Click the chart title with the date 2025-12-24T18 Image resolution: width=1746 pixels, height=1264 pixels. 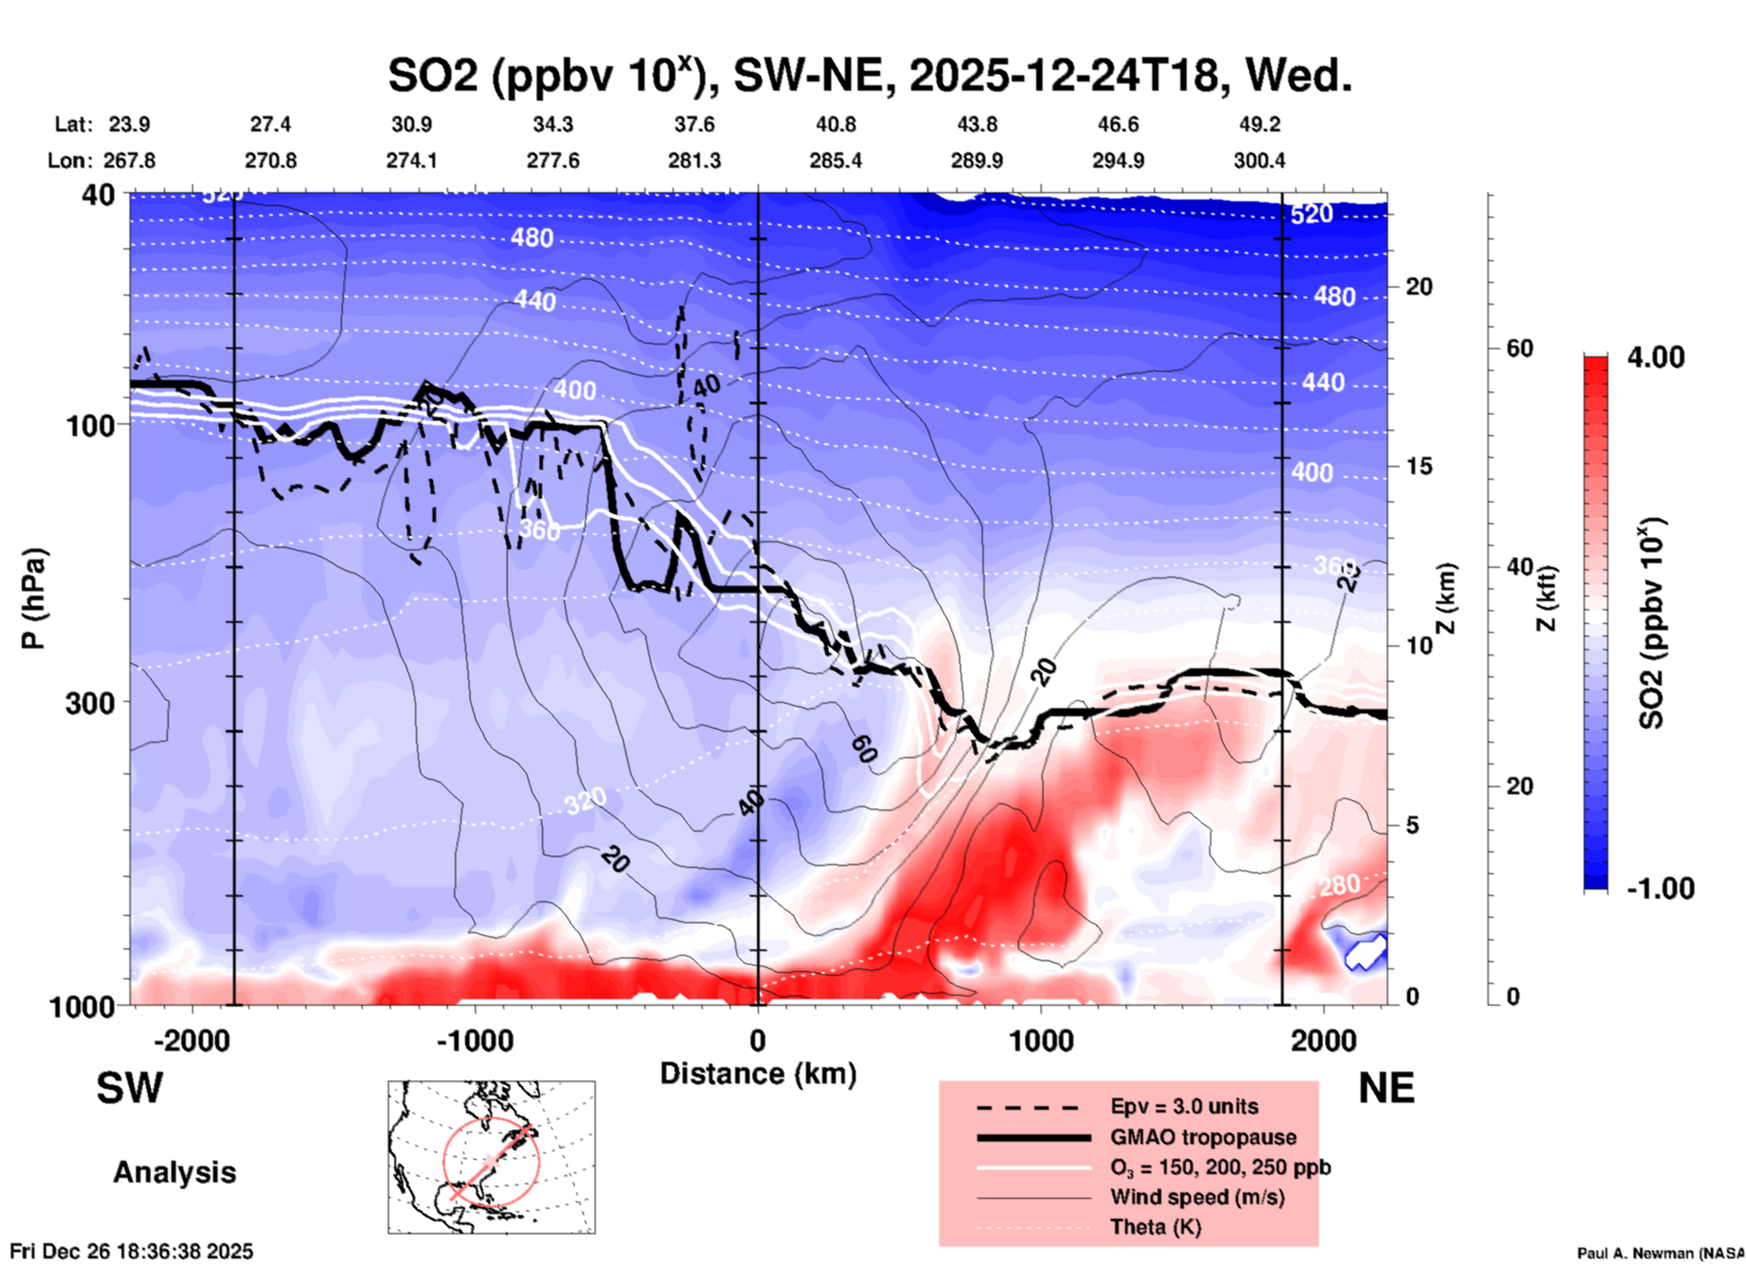(869, 74)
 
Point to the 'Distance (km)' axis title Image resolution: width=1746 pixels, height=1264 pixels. (758, 1074)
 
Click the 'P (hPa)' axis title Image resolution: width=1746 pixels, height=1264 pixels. (34, 598)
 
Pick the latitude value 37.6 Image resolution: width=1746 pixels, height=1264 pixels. (694, 124)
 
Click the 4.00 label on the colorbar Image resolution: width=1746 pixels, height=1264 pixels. (1655, 356)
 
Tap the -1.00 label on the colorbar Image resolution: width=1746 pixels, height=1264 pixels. (1660, 888)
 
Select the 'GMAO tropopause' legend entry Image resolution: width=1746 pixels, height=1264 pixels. (1203, 1137)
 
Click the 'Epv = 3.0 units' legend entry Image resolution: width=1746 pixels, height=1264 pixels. (1184, 1106)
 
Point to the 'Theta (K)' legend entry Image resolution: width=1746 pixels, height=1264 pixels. (1155, 1227)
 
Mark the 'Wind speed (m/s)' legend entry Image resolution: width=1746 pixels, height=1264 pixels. (1197, 1197)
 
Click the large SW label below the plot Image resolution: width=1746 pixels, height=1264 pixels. (130, 1088)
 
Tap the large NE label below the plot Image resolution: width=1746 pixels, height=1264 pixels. (1386, 1088)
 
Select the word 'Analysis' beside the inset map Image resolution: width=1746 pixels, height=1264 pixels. (174, 1172)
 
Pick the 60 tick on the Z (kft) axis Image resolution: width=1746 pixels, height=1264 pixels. (1519, 348)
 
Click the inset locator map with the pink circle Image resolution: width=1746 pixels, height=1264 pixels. (491, 1157)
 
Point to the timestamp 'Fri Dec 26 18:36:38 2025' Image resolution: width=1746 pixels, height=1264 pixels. (131, 1251)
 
